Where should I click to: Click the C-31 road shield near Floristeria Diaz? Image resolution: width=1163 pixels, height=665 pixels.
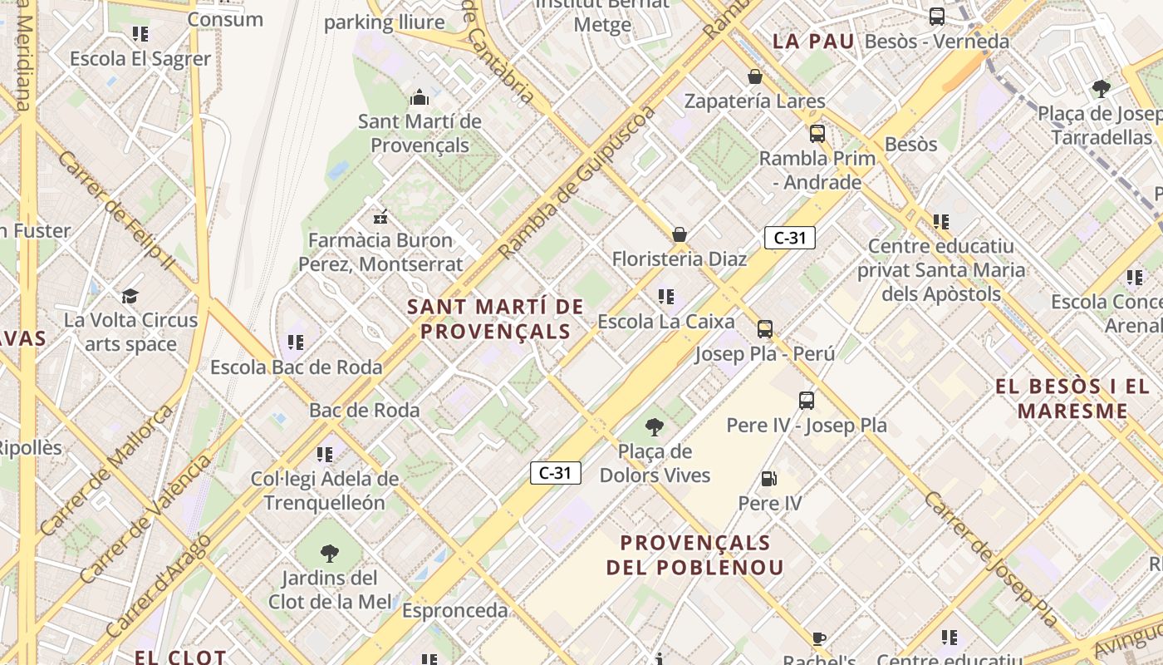coord(789,238)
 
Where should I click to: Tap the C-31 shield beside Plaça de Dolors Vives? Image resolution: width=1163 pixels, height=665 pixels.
coord(555,473)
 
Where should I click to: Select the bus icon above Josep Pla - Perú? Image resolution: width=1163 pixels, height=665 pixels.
coord(765,328)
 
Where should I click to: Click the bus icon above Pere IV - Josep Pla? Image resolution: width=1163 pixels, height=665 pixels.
coord(807,400)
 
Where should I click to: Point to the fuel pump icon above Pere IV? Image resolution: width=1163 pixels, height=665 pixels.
coord(769,478)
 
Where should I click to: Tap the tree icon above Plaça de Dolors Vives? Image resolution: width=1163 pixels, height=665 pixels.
coord(655,427)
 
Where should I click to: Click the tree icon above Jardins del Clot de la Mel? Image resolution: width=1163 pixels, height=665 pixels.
coord(330,553)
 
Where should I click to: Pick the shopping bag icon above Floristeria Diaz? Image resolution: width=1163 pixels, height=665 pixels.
coord(680,234)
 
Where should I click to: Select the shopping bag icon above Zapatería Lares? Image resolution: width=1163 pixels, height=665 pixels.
coord(755,76)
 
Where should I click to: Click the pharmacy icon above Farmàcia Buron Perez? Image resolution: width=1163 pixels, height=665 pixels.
coord(380,216)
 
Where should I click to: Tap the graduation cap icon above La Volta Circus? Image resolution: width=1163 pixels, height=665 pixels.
coord(130,296)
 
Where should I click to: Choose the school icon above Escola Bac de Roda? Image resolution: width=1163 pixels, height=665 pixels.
coord(296,342)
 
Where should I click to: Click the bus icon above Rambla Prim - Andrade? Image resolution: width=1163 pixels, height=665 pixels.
coord(817,133)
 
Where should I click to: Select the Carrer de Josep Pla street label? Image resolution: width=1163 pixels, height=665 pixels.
coord(990,559)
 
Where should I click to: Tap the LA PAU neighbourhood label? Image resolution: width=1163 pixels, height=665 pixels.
coord(813,41)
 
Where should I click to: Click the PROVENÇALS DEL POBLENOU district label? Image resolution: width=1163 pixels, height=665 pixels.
coord(695,555)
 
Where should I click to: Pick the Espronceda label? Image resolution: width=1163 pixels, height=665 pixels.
coord(454,610)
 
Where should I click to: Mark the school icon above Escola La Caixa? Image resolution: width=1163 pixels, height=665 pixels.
coord(665,296)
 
